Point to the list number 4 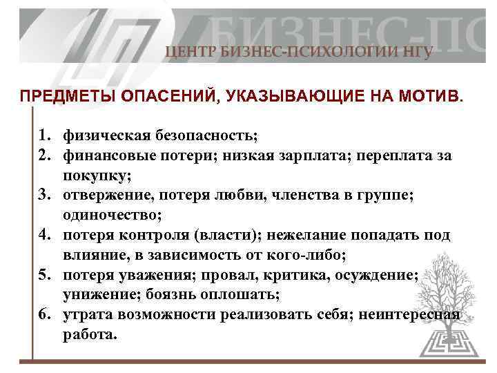pos(43,235)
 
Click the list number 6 pos(43,316)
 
